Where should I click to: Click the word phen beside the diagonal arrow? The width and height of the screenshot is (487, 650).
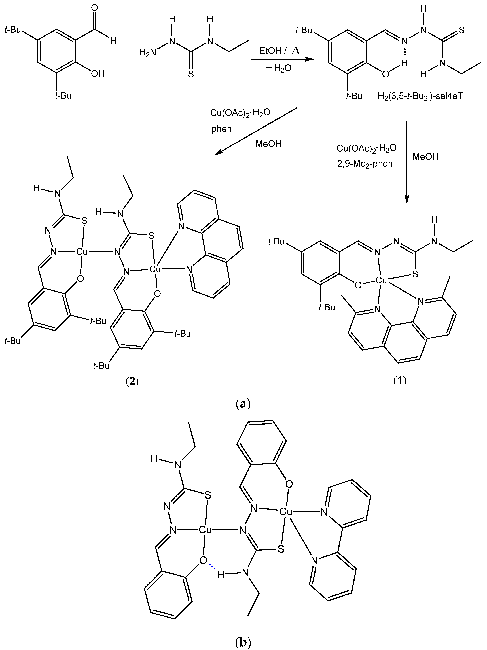pos(222,129)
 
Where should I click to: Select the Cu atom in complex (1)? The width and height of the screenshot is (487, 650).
pos(382,281)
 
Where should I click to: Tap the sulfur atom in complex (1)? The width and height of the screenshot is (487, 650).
pos(415,274)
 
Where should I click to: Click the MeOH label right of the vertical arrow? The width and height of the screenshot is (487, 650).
pos(425,157)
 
